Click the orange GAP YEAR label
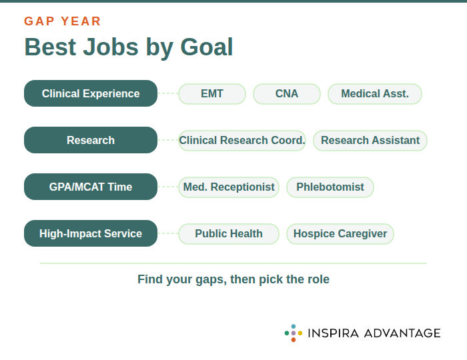tap(63, 21)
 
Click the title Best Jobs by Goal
tap(129, 47)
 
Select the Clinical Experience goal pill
tap(91, 93)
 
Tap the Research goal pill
tap(91, 140)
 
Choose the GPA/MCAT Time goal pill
tap(91, 187)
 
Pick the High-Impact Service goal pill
tap(91, 233)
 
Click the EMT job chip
tap(212, 94)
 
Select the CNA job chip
tap(287, 94)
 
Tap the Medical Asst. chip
tap(375, 94)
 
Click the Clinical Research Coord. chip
tap(242, 141)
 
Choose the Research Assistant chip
tap(370, 141)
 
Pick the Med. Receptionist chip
tap(229, 187)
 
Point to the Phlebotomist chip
tap(330, 187)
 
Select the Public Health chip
tap(229, 234)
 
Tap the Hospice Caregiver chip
tap(340, 234)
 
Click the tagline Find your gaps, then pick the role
tap(233, 279)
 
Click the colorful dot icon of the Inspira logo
tap(294, 333)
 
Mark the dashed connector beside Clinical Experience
tap(168, 93)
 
